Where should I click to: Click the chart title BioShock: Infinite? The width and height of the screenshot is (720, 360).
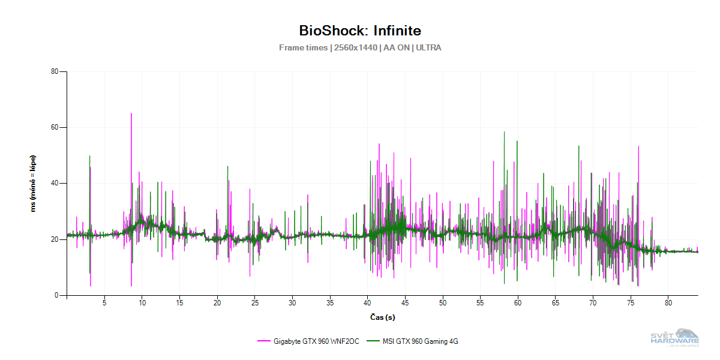(x=360, y=31)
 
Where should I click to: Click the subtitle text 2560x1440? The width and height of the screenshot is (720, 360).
(x=355, y=47)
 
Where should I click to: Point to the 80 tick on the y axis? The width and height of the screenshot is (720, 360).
(x=54, y=71)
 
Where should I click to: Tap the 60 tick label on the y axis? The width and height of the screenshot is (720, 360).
(x=54, y=127)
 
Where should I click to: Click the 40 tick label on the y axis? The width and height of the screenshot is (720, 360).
(x=54, y=183)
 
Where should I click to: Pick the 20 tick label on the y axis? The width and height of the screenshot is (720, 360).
(x=54, y=239)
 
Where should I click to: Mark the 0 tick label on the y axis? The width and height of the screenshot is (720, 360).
(x=56, y=295)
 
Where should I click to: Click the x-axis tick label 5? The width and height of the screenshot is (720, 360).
(x=104, y=303)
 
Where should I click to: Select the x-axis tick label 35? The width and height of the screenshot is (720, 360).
(x=330, y=303)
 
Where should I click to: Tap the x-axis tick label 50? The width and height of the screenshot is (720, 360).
(x=443, y=303)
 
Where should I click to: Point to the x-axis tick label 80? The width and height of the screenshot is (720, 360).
(x=668, y=303)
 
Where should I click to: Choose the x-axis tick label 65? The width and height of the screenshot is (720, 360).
(x=556, y=303)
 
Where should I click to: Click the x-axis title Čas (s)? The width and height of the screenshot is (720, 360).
(x=382, y=316)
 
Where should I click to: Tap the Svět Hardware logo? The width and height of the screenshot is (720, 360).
(x=675, y=337)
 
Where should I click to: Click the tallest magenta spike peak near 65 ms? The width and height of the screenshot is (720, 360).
(x=131, y=113)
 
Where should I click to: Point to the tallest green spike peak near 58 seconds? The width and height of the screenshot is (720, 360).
(x=504, y=132)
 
